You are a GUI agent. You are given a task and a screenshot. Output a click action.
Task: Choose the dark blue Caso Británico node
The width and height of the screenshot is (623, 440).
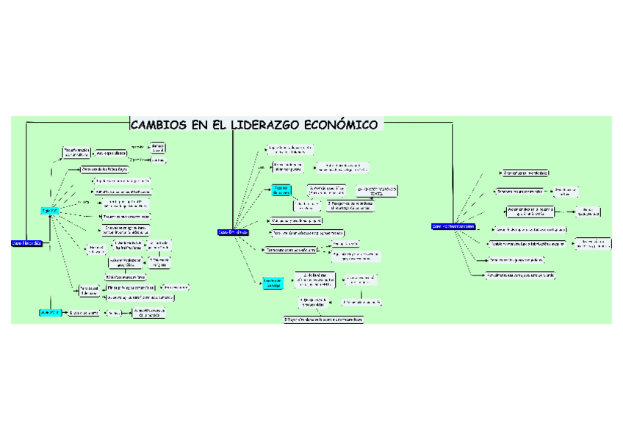point(234,232)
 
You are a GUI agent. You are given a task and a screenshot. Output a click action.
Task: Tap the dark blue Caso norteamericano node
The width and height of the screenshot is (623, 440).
point(453,226)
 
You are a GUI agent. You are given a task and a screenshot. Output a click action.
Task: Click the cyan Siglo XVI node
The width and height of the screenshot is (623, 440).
point(51,210)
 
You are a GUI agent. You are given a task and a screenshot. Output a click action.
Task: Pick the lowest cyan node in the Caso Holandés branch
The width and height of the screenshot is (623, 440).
point(49,312)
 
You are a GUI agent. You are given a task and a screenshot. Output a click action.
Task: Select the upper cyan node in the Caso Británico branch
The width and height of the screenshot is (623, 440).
point(281,190)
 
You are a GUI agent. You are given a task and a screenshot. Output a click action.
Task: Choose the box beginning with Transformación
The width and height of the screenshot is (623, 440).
point(76,153)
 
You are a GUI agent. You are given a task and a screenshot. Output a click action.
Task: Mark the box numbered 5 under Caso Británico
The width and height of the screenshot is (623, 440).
point(323,320)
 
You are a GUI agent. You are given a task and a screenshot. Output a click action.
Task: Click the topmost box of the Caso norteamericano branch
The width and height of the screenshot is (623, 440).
point(526,173)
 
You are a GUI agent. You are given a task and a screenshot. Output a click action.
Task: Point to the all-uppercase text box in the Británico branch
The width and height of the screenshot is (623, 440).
point(378,190)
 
